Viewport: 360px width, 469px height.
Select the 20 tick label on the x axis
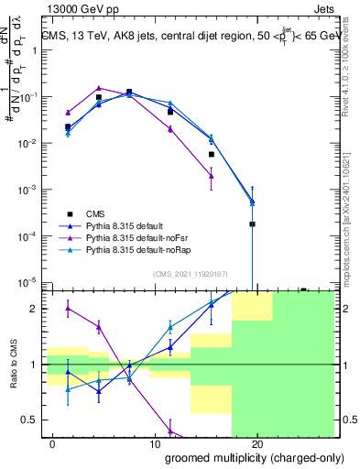[257, 444]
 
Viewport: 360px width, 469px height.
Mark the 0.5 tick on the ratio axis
[29, 420]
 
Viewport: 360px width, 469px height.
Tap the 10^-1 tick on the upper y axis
[29, 97]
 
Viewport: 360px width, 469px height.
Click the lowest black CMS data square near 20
[252, 224]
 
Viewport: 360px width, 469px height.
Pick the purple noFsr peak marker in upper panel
[99, 88]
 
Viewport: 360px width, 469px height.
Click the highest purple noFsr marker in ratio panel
[69, 309]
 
